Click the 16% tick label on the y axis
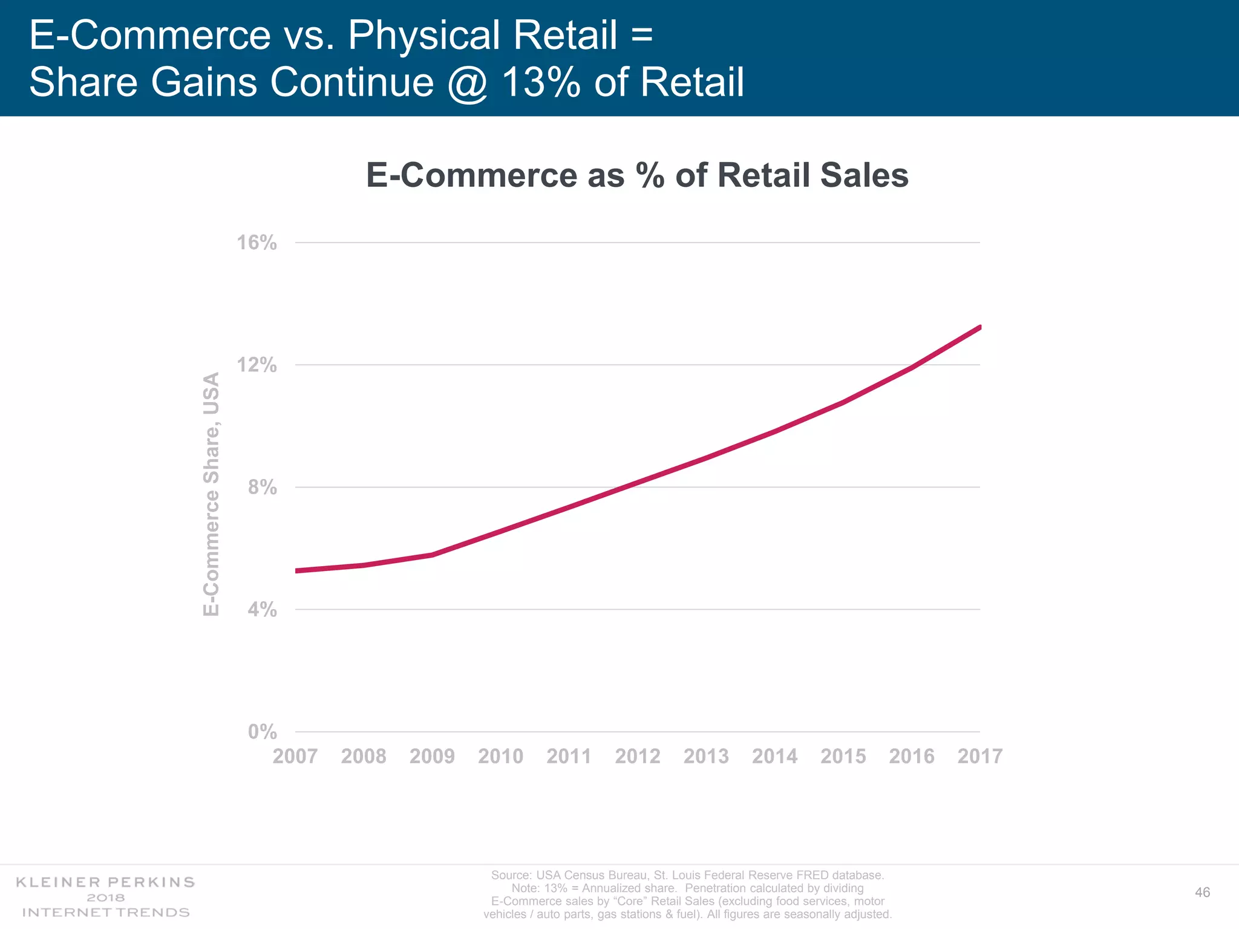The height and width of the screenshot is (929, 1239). pyautogui.click(x=257, y=243)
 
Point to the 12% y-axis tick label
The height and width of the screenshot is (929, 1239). pyautogui.click(x=257, y=365)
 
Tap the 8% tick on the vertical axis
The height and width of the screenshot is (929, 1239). pyautogui.click(x=263, y=487)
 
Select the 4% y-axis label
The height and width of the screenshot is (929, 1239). pyautogui.click(x=263, y=610)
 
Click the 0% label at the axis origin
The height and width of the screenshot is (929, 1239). pyautogui.click(x=263, y=732)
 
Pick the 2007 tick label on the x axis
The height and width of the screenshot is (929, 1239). pyautogui.click(x=295, y=757)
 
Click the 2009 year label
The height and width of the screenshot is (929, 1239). pyautogui.click(x=432, y=757)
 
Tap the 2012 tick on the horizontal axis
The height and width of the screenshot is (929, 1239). pyautogui.click(x=638, y=757)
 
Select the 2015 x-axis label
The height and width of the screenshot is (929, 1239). pyautogui.click(x=843, y=757)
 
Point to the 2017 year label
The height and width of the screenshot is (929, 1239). pyautogui.click(x=980, y=757)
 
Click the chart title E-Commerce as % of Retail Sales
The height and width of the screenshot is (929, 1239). pyautogui.click(x=637, y=175)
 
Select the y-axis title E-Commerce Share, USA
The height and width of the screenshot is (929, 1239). pyautogui.click(x=211, y=494)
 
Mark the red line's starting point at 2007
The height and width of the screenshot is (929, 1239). pyautogui.click(x=297, y=570)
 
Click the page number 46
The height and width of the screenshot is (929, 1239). pyautogui.click(x=1202, y=893)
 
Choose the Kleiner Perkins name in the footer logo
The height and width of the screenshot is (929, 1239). pyautogui.click(x=105, y=882)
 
